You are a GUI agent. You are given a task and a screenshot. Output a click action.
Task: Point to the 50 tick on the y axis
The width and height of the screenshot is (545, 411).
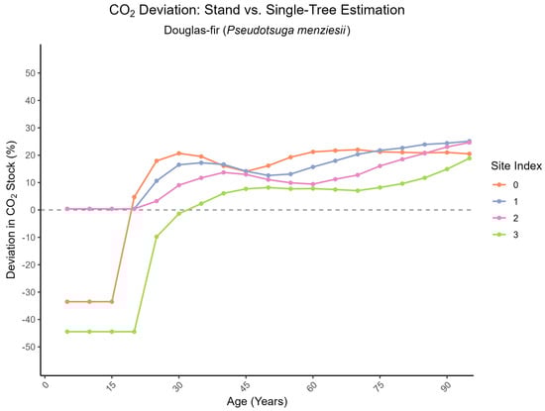pyautogui.click(x=31, y=73)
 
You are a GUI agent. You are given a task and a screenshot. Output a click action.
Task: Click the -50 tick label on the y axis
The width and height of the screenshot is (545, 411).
pyautogui.click(x=29, y=347)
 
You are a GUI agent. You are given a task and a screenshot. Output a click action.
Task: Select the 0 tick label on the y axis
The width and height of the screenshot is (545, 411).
pyautogui.click(x=34, y=210)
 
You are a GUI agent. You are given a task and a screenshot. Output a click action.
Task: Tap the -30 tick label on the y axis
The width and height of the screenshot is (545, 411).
pyautogui.click(x=29, y=292)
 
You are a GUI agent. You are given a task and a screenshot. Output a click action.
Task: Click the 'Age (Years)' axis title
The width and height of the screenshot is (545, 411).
pyautogui.click(x=258, y=402)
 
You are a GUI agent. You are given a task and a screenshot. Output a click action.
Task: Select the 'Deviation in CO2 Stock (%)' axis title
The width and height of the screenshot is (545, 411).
pyautogui.click(x=11, y=210)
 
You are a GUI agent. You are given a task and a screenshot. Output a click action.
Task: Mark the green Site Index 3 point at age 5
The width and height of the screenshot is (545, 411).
pyautogui.click(x=67, y=332)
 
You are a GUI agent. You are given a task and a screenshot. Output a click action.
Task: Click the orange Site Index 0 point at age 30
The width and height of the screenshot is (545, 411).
pyautogui.click(x=178, y=154)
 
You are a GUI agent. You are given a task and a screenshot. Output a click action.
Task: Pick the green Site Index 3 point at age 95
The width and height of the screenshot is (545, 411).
pyautogui.click(x=469, y=157)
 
